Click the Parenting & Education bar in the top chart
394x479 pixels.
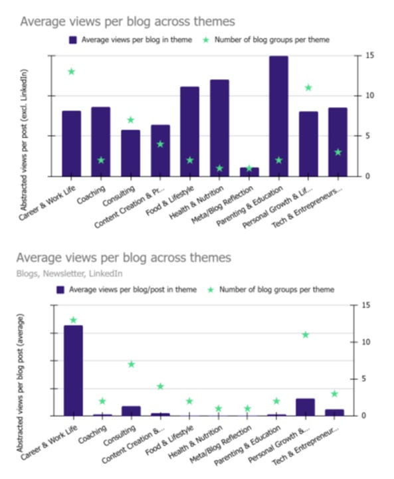[x=278, y=116]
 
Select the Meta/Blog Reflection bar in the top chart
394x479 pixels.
[x=249, y=172]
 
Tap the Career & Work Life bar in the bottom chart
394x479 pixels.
[x=73, y=371]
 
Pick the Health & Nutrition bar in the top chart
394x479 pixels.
[x=219, y=128]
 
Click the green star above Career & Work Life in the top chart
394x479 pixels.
[x=71, y=71]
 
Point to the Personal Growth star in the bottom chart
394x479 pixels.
[x=306, y=335]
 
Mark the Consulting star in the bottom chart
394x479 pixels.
[x=131, y=364]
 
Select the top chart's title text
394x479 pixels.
[x=128, y=22]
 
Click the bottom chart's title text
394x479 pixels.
[x=124, y=257]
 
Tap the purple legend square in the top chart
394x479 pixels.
[x=73, y=40]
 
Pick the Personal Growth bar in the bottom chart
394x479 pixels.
[x=306, y=407]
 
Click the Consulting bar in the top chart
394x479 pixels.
[x=130, y=153]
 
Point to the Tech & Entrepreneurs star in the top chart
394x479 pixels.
[x=338, y=152]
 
